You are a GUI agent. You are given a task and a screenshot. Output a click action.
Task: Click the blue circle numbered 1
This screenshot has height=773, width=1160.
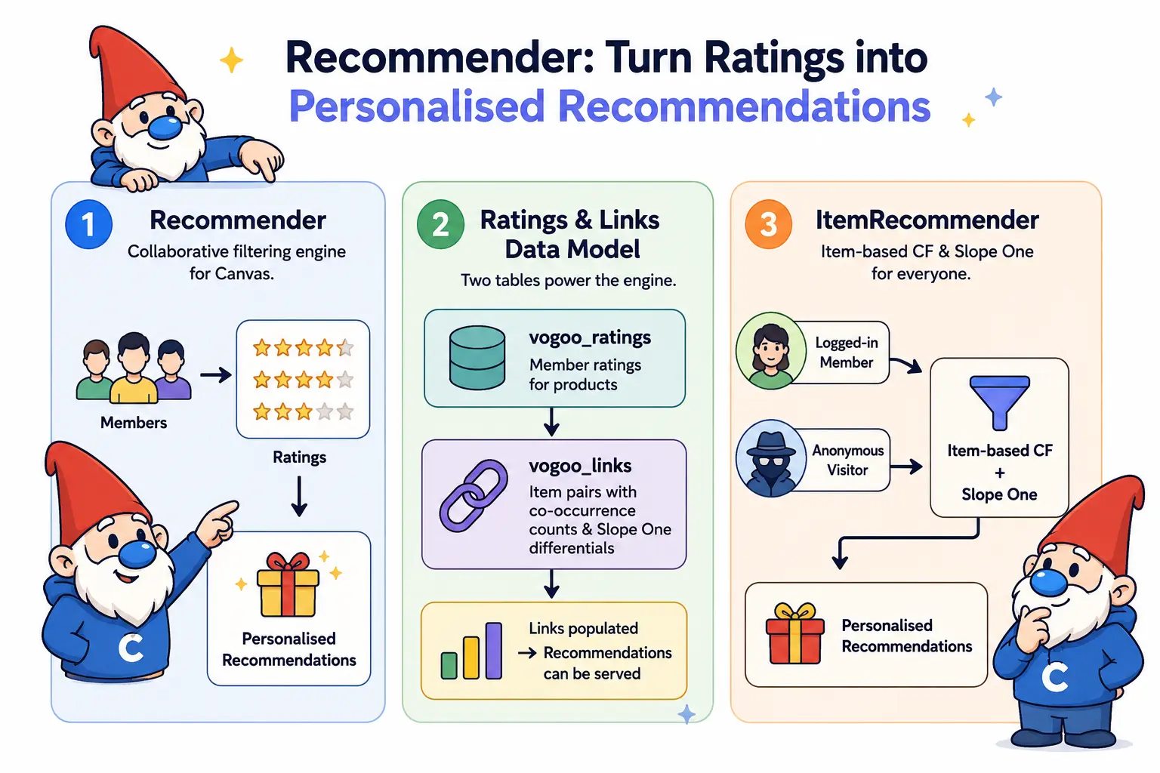pyautogui.click(x=88, y=224)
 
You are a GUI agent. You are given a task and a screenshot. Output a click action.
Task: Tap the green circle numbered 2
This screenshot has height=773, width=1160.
pyautogui.click(x=440, y=224)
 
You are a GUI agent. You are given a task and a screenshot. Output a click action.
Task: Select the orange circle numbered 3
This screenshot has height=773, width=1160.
pyautogui.click(x=769, y=224)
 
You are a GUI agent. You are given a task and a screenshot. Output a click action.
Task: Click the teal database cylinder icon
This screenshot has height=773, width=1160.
pyautogui.click(x=477, y=357)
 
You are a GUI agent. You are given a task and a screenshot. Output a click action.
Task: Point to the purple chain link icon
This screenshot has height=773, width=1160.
pyautogui.click(x=474, y=496)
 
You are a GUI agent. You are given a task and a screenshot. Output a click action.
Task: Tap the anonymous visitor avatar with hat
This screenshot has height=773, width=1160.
pyautogui.click(x=771, y=458)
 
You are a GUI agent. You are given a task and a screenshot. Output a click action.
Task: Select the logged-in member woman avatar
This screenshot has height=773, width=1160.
pyautogui.click(x=771, y=350)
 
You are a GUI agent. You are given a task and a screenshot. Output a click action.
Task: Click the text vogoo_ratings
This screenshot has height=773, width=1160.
pyautogui.click(x=590, y=338)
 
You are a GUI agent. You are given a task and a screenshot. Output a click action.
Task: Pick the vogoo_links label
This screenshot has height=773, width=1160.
pyautogui.click(x=580, y=466)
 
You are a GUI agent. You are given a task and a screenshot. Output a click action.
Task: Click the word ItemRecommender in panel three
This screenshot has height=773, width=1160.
pyautogui.click(x=927, y=220)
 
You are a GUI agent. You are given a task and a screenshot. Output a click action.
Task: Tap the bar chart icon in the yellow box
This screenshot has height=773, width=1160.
pyautogui.click(x=471, y=650)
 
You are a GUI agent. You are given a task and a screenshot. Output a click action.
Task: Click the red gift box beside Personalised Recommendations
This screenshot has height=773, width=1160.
pyautogui.click(x=795, y=634)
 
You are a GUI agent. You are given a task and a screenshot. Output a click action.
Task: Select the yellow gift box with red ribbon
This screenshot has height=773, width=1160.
pyautogui.click(x=288, y=585)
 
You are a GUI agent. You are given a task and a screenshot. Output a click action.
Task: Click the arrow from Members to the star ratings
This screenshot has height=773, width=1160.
pyautogui.click(x=215, y=374)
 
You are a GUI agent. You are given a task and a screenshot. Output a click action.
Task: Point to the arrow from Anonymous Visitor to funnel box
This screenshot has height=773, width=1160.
pyautogui.click(x=906, y=467)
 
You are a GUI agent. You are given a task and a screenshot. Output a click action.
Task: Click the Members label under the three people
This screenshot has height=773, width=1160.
pyautogui.click(x=134, y=423)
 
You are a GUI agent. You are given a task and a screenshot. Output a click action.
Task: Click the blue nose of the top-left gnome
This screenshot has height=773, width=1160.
pyautogui.click(x=164, y=128)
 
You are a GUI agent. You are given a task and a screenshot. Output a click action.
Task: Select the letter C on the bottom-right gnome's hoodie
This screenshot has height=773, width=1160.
pyautogui.click(x=1055, y=677)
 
